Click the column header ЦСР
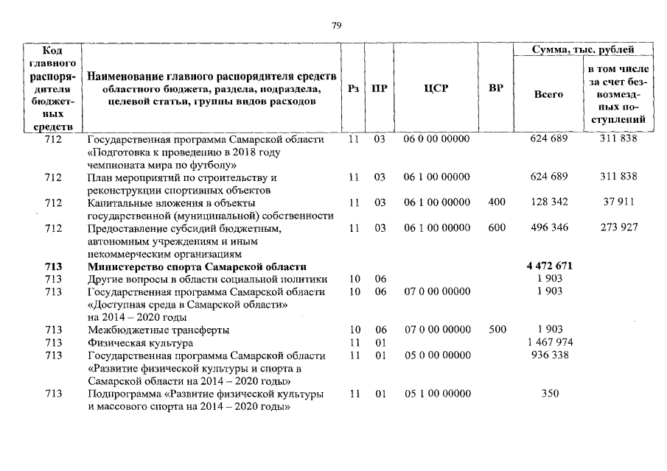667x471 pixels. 436,88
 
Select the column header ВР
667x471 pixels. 496,88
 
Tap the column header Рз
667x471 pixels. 353,88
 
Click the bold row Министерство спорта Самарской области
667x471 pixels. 197,266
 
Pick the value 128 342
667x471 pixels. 549,202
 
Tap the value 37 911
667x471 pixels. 618,202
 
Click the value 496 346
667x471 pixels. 549,228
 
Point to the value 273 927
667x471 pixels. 618,228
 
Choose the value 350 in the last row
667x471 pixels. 549,394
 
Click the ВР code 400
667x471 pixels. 497,202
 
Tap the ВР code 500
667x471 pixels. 497,330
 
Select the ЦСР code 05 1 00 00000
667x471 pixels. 437,394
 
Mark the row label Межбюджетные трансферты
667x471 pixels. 158,330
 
